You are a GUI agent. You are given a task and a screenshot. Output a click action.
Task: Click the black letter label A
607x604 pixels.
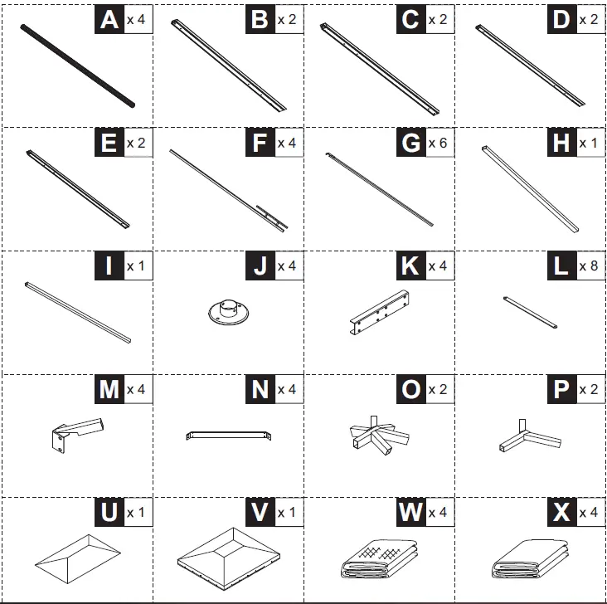[109, 20]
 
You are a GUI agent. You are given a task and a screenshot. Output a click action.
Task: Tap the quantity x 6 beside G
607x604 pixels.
[437, 143]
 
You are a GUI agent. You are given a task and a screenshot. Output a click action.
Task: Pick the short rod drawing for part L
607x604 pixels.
[529, 311]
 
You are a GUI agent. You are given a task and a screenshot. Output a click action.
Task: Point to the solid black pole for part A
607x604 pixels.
[77, 66]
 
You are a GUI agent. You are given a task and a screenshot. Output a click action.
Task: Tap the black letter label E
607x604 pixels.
[109, 143]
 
